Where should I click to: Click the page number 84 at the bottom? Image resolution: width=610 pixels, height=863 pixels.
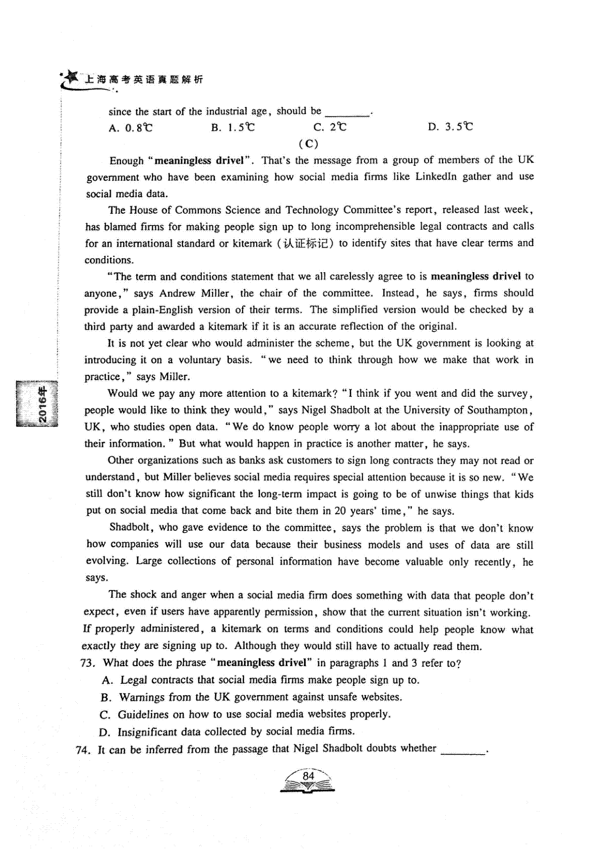coord(308,776)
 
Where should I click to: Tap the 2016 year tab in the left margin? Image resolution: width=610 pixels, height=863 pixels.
coord(43,405)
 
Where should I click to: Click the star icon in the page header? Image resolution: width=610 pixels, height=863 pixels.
coord(71,77)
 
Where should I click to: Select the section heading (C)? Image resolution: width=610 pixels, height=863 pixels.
coord(309,143)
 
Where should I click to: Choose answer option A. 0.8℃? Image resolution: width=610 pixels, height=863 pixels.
coord(131,128)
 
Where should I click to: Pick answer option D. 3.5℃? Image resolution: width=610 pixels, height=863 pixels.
coord(450,127)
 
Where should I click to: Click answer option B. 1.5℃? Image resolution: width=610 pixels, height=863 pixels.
coord(233,127)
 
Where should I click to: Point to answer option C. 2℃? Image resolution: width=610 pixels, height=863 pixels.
coord(330,127)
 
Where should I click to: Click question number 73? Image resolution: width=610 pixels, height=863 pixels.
coord(88,663)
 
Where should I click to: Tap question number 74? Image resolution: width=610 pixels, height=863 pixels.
coord(83,750)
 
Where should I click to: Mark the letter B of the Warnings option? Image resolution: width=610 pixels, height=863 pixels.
coord(106,698)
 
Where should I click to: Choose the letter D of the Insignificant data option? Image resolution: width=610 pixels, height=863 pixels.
coord(105,732)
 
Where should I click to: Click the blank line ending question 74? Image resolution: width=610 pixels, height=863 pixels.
coord(463,750)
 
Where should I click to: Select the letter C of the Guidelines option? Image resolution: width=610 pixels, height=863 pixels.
coord(105,715)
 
